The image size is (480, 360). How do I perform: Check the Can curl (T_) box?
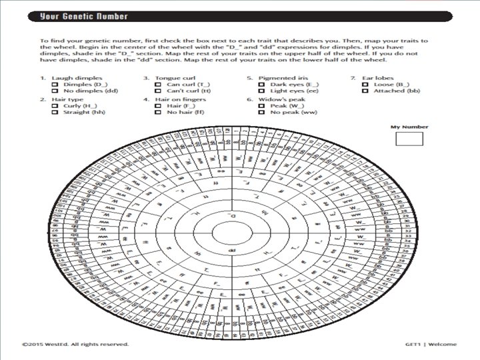(157, 85)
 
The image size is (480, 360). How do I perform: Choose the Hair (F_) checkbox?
(157, 106)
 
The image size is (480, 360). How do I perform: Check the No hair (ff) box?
(157, 113)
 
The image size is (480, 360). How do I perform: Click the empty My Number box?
(409, 139)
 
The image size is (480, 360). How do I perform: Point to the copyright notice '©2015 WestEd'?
(75, 345)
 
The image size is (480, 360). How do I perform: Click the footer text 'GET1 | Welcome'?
(431, 345)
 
